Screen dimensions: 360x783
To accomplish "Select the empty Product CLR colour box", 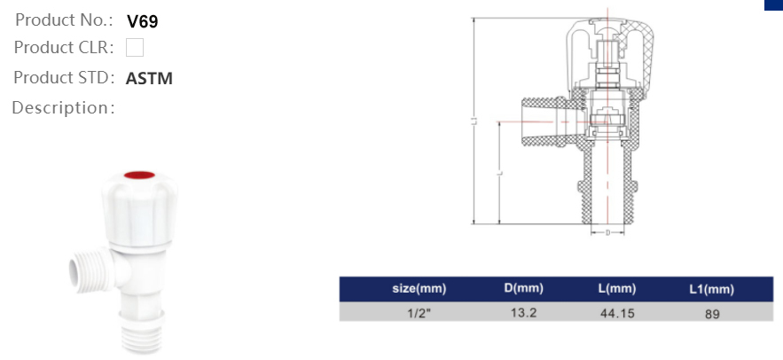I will (135, 48).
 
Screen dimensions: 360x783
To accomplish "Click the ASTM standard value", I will (149, 78).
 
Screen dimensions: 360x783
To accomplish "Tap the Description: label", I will (63, 108).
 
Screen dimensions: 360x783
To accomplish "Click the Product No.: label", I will (64, 20).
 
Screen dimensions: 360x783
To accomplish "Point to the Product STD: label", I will (64, 77).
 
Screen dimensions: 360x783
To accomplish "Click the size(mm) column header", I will (419, 289).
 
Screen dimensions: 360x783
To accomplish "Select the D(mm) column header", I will (523, 289).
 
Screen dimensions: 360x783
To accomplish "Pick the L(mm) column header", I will (617, 289).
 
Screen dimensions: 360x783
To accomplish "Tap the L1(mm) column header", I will (711, 289).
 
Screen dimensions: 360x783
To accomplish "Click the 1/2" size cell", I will (419, 312).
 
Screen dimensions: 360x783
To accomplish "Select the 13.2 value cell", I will (523, 312).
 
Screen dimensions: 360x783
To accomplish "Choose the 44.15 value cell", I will (617, 312).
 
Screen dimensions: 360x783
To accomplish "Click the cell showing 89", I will (711, 313).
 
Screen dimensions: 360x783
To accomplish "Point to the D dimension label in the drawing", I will (607, 232).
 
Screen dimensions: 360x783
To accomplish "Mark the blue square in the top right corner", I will (773, 4).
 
